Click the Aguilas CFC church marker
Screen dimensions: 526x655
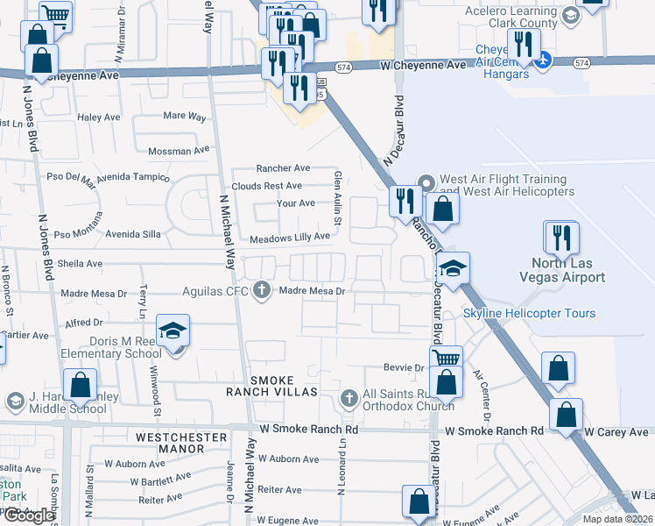click(261, 290)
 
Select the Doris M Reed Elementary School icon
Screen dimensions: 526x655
click(173, 332)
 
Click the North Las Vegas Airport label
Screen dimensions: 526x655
click(567, 270)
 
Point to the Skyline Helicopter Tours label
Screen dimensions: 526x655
click(529, 313)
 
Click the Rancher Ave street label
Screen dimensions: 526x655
click(283, 168)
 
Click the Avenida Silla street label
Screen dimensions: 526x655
click(133, 234)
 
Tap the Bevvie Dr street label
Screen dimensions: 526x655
click(402, 367)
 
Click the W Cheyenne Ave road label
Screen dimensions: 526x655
click(423, 66)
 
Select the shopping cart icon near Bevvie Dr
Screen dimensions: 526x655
click(447, 358)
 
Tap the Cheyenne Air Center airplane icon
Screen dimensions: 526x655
click(544, 60)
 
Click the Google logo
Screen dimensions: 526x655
click(28, 515)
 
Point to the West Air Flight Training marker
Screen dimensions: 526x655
click(426, 183)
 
